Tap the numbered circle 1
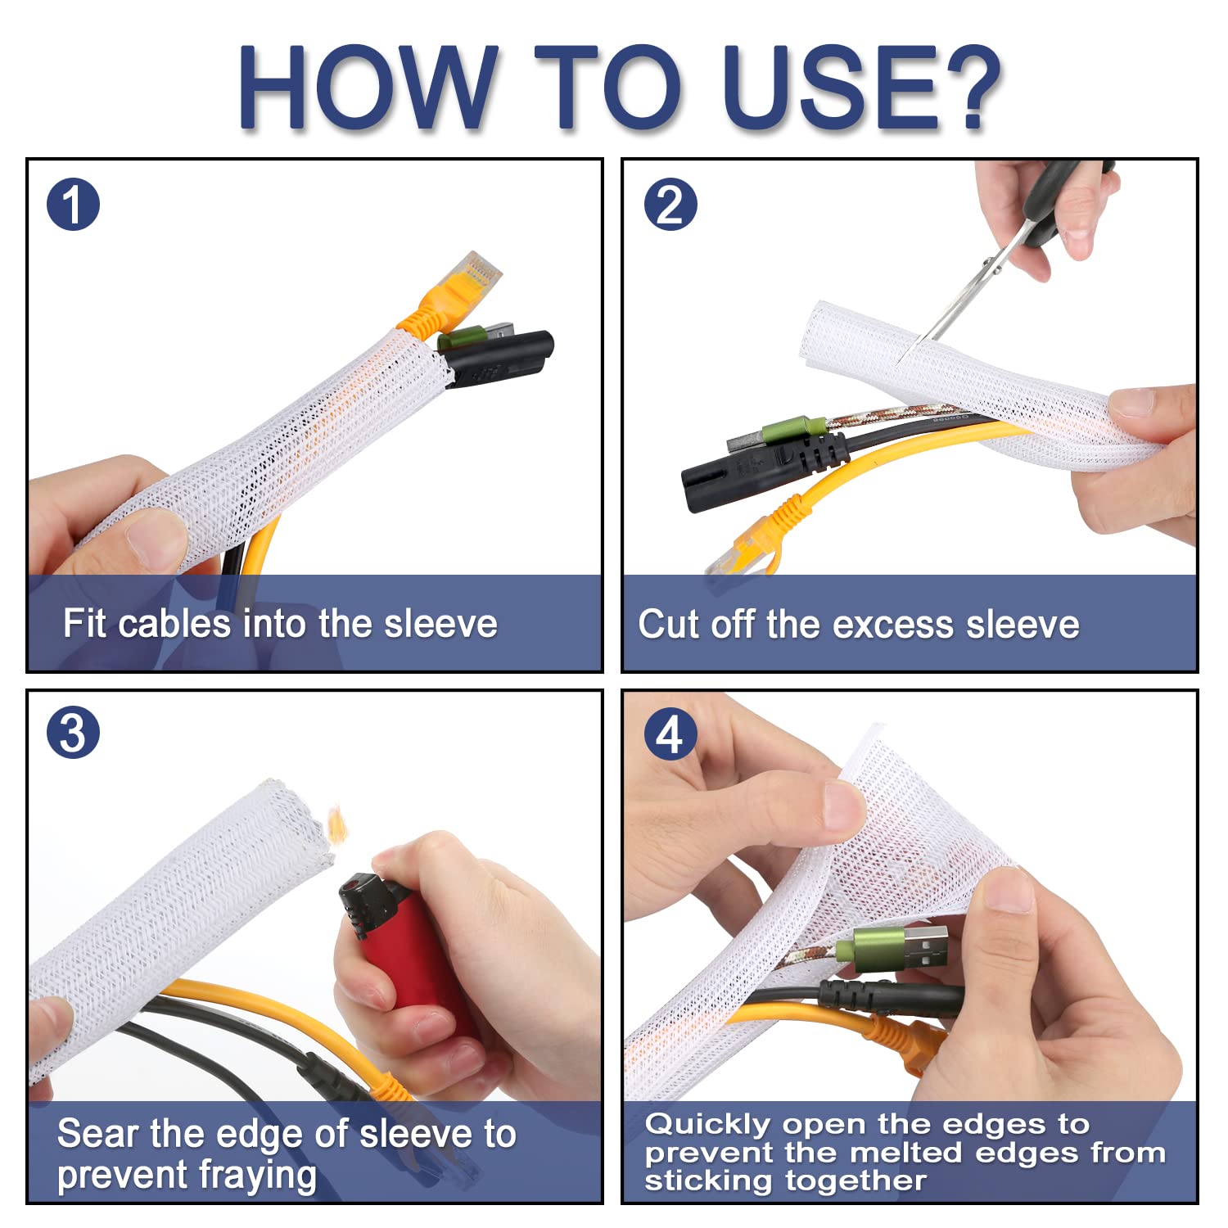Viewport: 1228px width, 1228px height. point(74,205)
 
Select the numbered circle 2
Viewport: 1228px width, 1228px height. point(670,205)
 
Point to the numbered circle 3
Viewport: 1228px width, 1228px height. point(74,732)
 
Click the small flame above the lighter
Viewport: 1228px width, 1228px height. point(336,822)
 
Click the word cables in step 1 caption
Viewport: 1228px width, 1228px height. point(174,624)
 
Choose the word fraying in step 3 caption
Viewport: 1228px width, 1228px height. point(257,1176)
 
